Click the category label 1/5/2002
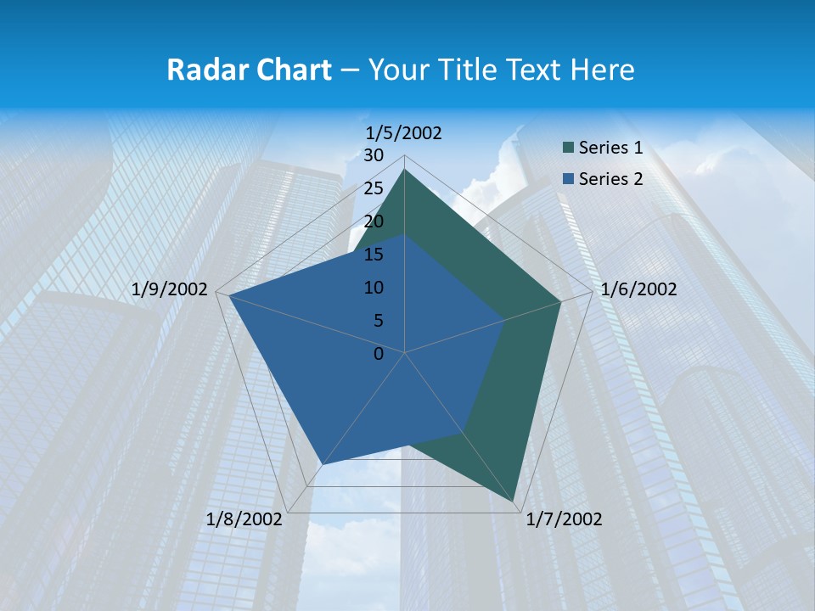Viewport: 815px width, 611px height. coord(404,133)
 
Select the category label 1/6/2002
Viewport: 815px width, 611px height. coord(638,289)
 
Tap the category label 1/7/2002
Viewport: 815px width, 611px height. coord(564,519)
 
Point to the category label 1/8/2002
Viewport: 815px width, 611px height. coord(244,519)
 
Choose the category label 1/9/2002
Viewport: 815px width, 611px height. coord(170,289)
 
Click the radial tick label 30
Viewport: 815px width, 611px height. coord(374,155)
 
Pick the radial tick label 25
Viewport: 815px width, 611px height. coord(374,188)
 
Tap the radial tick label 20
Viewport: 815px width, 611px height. coord(374,221)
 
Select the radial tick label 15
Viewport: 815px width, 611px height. coord(374,255)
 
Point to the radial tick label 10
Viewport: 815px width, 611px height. coord(374,288)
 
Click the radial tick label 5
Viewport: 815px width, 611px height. coord(378,321)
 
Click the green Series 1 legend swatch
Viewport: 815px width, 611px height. coord(567,149)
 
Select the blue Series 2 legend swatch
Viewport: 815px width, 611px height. coord(567,179)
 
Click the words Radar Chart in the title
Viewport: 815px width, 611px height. coord(249,70)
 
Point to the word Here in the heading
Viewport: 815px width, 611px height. coord(603,70)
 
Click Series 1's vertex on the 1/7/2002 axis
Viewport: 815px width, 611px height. coord(515,503)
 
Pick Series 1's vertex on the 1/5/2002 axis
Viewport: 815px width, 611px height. coord(405,170)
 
